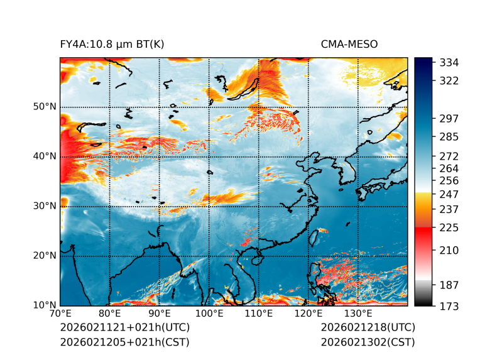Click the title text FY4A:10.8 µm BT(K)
(112, 45)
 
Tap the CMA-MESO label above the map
(349, 45)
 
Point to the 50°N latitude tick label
(45, 107)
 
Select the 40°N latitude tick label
(45, 156)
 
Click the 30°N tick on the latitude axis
(45, 206)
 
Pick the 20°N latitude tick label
(45, 256)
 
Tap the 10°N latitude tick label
(45, 305)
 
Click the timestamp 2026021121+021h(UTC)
(124, 328)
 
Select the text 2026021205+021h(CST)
(124, 342)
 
